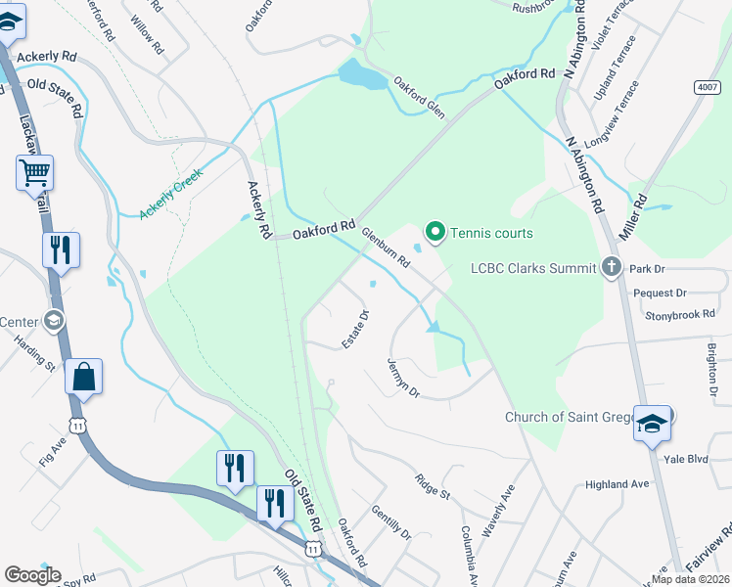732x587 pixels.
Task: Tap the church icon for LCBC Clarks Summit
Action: tap(612, 267)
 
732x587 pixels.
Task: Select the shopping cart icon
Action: tap(34, 174)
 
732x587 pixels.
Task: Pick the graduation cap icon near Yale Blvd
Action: tap(652, 423)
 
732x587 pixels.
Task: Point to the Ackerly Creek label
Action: tap(170, 193)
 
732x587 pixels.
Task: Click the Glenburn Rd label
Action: tap(386, 248)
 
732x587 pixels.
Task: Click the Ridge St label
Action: tap(432, 486)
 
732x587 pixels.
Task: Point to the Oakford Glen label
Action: tap(419, 98)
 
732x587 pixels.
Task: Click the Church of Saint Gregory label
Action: tap(568, 417)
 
